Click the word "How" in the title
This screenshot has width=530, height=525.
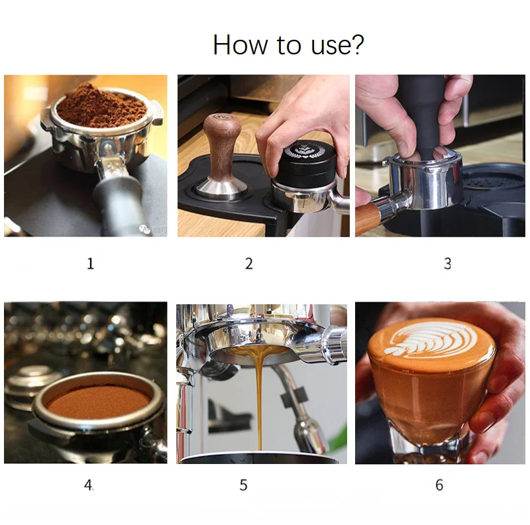coord(240,44)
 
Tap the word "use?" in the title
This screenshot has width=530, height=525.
coord(337,45)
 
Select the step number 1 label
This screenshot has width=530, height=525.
coord(90,264)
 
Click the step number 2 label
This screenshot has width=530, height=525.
coord(249,264)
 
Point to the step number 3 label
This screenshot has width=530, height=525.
coord(447,264)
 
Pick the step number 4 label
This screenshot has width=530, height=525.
coord(89,485)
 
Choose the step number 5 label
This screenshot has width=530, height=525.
coord(243,485)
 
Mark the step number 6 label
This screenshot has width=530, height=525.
coord(439,485)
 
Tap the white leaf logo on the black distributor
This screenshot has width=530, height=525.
coord(304,151)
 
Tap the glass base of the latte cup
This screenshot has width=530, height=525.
coord(429,445)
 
